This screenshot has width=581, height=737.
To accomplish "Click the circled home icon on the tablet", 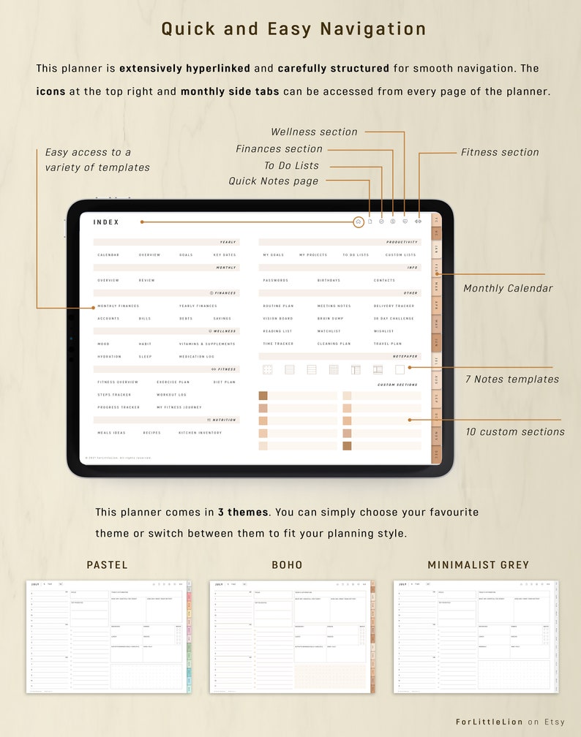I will point(358,222).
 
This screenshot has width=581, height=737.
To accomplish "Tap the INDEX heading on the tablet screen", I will point(106,222).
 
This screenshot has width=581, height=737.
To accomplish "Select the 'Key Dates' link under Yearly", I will point(225,255).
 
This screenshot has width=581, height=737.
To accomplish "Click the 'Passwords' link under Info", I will point(275,281).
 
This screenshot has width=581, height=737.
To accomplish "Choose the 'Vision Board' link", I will point(277,319).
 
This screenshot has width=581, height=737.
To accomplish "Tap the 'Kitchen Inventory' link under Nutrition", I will point(200,433).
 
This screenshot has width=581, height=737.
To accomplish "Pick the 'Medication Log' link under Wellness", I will point(197,357).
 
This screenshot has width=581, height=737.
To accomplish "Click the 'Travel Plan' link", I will point(387,344).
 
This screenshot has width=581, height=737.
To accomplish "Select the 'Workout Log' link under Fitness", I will point(171,395).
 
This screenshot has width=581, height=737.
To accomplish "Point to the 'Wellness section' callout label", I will point(314,132).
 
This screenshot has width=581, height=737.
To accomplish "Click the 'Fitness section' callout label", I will point(500,153).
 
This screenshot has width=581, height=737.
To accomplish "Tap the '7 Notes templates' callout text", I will point(512,379).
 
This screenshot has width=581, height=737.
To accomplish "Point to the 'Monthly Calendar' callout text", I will point(508,289).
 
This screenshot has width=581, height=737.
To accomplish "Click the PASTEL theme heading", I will point(107,565).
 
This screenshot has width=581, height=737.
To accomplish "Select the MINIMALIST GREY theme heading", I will point(478,565).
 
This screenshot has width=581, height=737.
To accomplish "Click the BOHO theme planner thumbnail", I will point(292,636).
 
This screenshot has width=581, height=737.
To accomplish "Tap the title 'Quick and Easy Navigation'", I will point(293,29).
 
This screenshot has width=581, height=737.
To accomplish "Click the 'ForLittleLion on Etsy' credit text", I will point(510,722).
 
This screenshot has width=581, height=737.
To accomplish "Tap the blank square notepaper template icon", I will point(400,370).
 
